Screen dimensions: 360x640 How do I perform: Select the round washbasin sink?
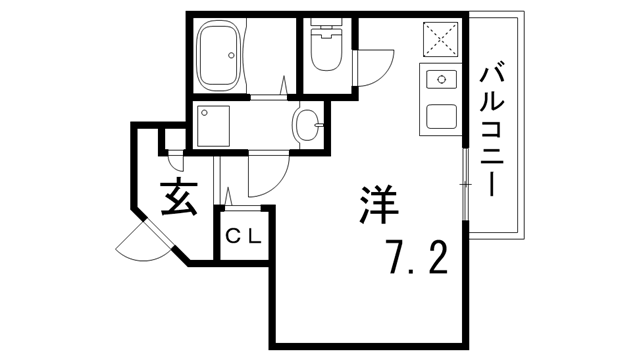(x=307, y=126)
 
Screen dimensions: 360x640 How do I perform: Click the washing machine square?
(x=214, y=127)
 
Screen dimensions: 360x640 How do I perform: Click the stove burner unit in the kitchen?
(x=441, y=80)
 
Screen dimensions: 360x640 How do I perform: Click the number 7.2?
(x=412, y=258)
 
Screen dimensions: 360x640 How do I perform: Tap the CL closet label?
(x=243, y=238)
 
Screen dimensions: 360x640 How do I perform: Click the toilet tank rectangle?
(x=326, y=26)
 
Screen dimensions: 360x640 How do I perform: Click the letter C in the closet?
(x=232, y=238)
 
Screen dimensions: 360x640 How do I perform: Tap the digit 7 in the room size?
(x=396, y=258)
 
